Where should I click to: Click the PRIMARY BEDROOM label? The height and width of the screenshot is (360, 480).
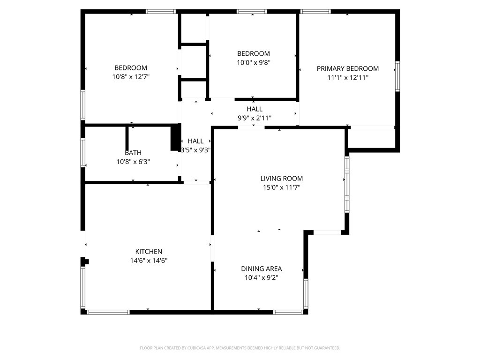pyautogui.click(x=347, y=68)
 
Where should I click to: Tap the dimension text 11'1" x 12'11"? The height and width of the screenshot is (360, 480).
pyautogui.click(x=347, y=77)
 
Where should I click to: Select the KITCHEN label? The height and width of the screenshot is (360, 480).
pyautogui.click(x=149, y=252)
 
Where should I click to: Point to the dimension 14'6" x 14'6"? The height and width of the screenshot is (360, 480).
pyautogui.click(x=149, y=261)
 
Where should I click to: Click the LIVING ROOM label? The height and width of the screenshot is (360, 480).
pyautogui.click(x=281, y=179)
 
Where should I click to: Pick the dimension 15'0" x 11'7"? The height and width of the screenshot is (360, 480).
pyautogui.click(x=281, y=187)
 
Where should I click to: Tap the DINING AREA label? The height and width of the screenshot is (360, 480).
pyautogui.click(x=261, y=269)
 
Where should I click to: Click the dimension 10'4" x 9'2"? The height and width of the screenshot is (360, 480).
pyautogui.click(x=261, y=277)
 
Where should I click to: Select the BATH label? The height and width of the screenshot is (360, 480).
pyautogui.click(x=133, y=153)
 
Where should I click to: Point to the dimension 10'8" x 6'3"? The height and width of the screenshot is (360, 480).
pyautogui.click(x=133, y=162)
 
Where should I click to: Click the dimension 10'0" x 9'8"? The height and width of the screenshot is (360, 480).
pyautogui.click(x=254, y=62)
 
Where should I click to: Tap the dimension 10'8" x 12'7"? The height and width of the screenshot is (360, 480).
pyautogui.click(x=131, y=76)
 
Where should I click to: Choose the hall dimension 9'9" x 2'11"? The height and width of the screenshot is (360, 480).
pyautogui.click(x=255, y=118)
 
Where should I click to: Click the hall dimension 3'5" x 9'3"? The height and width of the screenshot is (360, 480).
pyautogui.click(x=195, y=150)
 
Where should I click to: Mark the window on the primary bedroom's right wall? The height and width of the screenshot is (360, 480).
pyautogui.click(x=397, y=75)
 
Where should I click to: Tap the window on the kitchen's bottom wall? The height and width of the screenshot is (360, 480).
pyautogui.click(x=108, y=312)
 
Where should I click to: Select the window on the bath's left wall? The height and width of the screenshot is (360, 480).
pyautogui.click(x=83, y=153)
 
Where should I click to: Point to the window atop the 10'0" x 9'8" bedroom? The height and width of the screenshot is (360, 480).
pyautogui.click(x=252, y=11)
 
